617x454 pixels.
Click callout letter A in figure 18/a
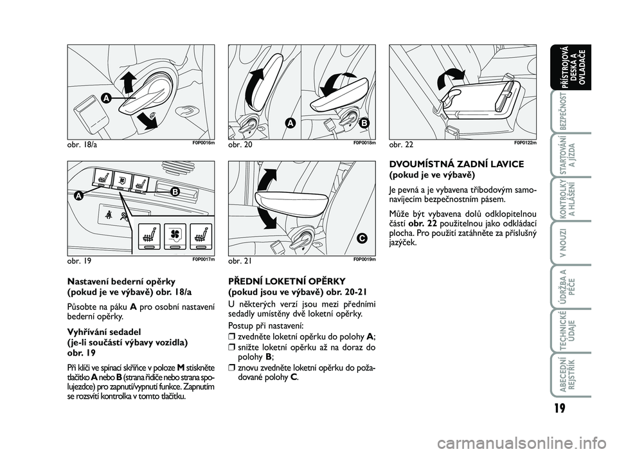click(x=105, y=98)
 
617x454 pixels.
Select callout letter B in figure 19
click(x=175, y=192)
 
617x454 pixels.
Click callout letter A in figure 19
click(x=78, y=195)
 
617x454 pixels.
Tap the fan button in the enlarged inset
click(x=175, y=236)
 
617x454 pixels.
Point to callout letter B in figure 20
click(x=364, y=123)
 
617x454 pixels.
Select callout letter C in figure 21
click(x=362, y=238)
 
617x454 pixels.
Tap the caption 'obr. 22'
click(x=401, y=145)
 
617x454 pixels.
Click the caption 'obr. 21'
click(x=240, y=260)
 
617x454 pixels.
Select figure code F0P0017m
click(x=204, y=259)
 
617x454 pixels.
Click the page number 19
click(x=560, y=408)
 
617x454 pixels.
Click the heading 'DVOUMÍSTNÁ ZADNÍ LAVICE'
click(x=456, y=164)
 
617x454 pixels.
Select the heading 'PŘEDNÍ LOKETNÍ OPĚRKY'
click(x=287, y=281)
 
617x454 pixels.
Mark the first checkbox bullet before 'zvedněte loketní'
click(x=231, y=337)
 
